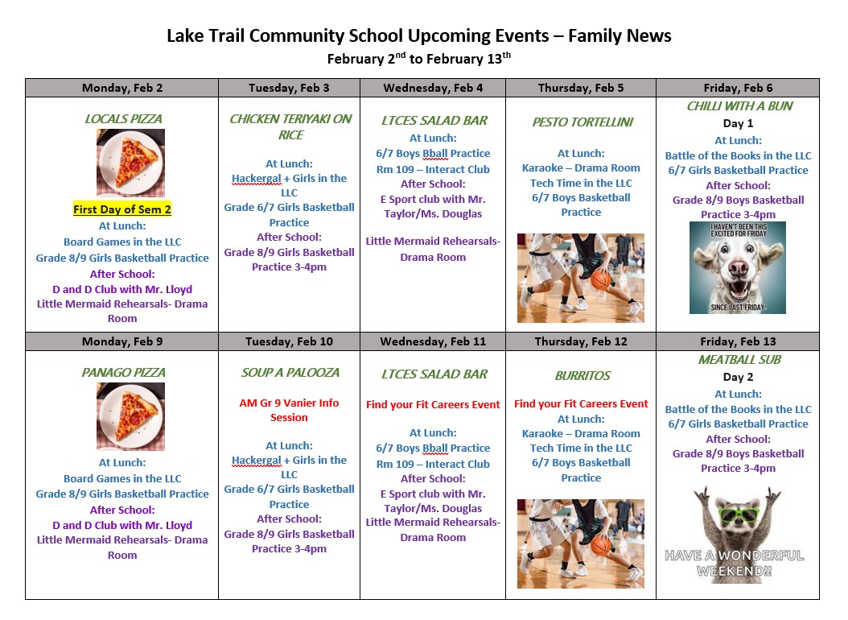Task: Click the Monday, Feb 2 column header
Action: (x=122, y=88)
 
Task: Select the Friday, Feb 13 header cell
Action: (x=738, y=341)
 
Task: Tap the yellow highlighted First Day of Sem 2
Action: (x=122, y=209)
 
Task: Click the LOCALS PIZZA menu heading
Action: (x=122, y=119)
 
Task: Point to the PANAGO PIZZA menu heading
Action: (x=122, y=373)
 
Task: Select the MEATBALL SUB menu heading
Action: (x=739, y=360)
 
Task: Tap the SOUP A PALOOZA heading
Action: (x=290, y=373)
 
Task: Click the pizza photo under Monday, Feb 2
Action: (x=130, y=162)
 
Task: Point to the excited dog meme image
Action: (x=737, y=267)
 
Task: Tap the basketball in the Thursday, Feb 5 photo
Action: (x=602, y=279)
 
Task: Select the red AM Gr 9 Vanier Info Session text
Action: (x=290, y=410)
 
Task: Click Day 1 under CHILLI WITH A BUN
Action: (x=738, y=124)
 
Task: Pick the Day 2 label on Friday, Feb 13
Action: (x=738, y=377)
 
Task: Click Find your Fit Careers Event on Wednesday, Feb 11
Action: (x=433, y=404)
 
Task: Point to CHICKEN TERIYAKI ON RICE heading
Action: (x=290, y=126)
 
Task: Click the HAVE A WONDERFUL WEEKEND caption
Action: (x=734, y=563)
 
